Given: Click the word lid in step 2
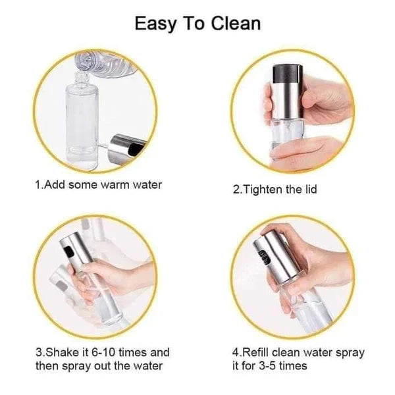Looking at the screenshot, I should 309,190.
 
